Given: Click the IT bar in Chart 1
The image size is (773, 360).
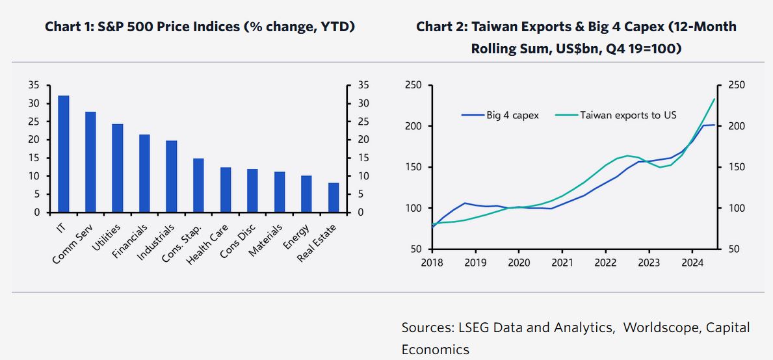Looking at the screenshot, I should click(64, 154).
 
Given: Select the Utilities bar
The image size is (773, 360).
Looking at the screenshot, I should click(118, 168).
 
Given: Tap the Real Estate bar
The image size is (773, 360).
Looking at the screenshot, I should click(334, 198).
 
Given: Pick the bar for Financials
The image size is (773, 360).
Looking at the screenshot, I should click(144, 174).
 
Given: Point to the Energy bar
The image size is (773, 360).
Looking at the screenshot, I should click(306, 194).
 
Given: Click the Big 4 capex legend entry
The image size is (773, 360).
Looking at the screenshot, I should click(512, 115).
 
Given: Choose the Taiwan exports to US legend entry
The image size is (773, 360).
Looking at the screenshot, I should click(627, 115).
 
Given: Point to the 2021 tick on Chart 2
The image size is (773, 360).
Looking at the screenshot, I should click(562, 263).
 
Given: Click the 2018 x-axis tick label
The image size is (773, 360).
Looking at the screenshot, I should click(432, 263).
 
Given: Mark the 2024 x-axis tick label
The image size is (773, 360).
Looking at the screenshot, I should click(692, 263).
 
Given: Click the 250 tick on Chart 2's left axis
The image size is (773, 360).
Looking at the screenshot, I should click(413, 85).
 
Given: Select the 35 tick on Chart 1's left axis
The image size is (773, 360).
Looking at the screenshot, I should click(34, 85).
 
